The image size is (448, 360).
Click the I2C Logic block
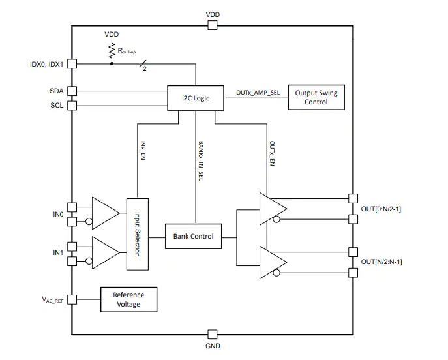coord(196,98)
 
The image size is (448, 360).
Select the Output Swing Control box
coord(316,97)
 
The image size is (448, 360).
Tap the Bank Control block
coord(194,236)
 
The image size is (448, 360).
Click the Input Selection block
coord(138,234)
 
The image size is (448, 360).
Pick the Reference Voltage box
coord(129,299)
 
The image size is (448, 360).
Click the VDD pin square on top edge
coord(213,25)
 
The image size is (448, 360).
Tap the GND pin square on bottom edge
coord(213,335)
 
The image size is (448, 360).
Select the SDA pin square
coord(72,91)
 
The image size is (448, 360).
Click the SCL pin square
coord(72,106)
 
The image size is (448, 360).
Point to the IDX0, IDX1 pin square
coord(72,63)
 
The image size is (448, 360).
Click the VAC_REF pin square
coord(72,299)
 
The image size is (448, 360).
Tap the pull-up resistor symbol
coord(112,52)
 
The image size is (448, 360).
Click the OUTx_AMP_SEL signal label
coord(258,93)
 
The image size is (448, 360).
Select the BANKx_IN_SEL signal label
coord(201,160)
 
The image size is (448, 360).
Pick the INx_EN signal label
coord(143,151)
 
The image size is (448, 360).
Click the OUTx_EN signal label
coord(273,153)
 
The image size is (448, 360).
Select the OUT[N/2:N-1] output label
coord(381,262)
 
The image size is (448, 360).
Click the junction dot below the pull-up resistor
coord(112,63)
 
